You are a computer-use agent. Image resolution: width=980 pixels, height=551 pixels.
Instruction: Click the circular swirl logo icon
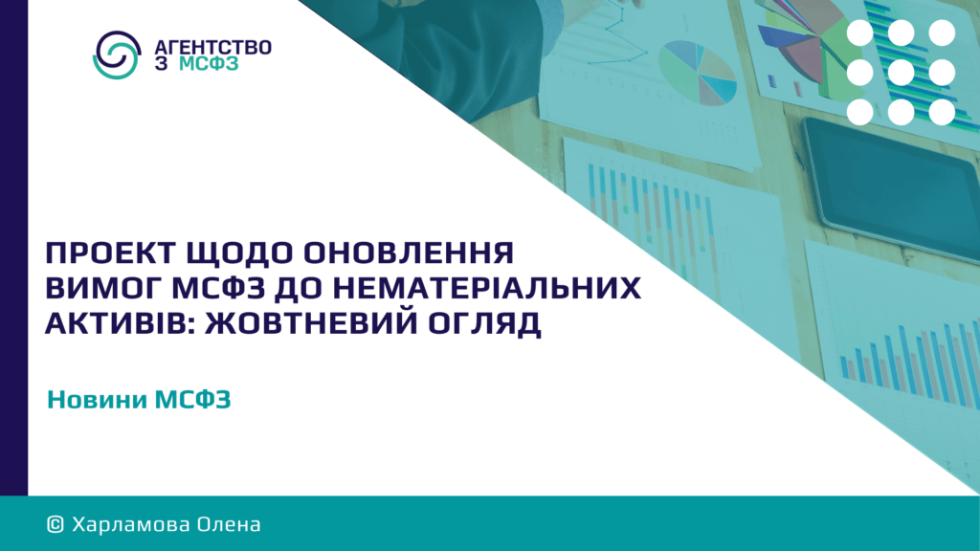pos(117,55)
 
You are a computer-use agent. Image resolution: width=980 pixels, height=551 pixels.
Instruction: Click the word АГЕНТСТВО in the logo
pos(213,48)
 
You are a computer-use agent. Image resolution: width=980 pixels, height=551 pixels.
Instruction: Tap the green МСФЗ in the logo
pos(209,64)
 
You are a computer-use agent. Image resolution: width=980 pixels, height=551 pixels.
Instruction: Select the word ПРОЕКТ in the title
pos(111,253)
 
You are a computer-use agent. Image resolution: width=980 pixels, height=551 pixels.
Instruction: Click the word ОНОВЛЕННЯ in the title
pos(409,253)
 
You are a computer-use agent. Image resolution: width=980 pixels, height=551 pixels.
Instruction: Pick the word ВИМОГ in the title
pos(103,288)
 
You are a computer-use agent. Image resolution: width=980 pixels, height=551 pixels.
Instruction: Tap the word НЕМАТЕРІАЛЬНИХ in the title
pos(486,288)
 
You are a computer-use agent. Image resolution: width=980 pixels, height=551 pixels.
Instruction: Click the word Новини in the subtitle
pos(97,399)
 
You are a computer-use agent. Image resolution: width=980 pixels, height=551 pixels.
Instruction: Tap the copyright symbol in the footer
pos(55,524)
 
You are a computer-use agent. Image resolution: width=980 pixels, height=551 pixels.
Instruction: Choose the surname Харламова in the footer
pos(130,524)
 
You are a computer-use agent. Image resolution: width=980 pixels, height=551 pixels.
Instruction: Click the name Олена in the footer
pos(229,524)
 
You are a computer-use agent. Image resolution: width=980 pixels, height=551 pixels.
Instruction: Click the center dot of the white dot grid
pos(901,73)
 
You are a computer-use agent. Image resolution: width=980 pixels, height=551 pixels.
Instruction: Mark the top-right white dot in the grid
pos(942,33)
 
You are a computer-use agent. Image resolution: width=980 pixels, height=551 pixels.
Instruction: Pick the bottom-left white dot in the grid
pos(860,113)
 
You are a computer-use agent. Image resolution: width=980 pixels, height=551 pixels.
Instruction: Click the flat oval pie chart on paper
pos(698,72)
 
